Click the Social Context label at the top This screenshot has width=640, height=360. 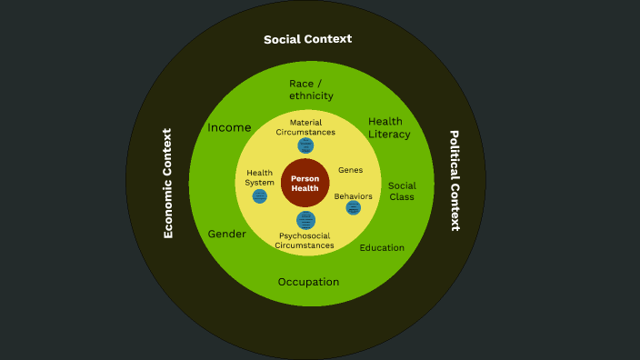307,39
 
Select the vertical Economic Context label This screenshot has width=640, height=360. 167,183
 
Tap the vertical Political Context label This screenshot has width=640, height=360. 455,180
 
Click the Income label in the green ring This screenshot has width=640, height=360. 229,127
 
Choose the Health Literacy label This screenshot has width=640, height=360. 389,128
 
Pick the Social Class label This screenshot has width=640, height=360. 402,191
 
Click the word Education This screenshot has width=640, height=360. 382,247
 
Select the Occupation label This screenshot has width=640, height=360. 308,282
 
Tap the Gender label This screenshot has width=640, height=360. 227,234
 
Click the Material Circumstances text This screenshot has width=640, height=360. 305,127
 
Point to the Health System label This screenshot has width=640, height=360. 260,177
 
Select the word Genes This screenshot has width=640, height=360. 350,170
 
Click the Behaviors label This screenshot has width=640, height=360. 353,196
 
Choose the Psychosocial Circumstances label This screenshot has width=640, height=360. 305,240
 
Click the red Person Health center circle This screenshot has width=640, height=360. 305,183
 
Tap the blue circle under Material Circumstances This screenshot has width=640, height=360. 305,145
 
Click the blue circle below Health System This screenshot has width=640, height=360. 260,195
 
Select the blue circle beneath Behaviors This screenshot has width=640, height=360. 353,208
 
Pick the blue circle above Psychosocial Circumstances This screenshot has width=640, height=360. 305,220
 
